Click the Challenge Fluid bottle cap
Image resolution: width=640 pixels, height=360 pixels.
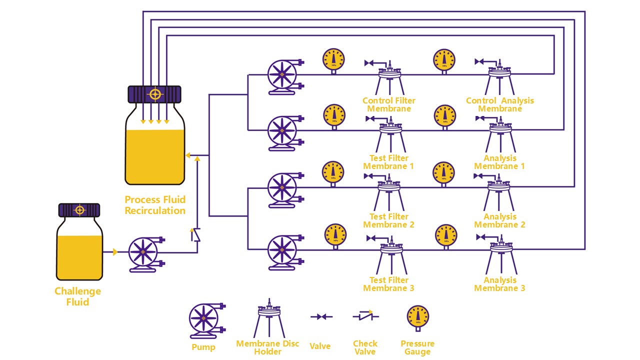(x=79, y=210)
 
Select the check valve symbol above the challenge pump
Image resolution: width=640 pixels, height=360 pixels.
(x=195, y=235)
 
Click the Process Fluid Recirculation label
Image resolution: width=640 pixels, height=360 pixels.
(x=155, y=205)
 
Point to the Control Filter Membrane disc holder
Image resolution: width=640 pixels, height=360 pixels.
(x=389, y=78)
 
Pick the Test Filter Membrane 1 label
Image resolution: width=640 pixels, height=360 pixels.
(x=388, y=162)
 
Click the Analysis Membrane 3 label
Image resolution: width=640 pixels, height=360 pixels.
(x=499, y=284)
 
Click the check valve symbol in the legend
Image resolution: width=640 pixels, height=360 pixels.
(x=365, y=316)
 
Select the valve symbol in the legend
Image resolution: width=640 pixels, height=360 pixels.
(x=321, y=316)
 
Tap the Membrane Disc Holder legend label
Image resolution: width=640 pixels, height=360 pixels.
(x=267, y=347)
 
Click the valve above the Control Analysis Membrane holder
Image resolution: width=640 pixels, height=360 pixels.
(x=479, y=61)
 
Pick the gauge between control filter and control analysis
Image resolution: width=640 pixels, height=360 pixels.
(x=444, y=61)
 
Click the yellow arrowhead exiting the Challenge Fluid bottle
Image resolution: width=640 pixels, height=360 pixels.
(x=115, y=251)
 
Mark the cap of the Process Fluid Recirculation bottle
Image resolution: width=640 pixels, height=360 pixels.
(x=154, y=94)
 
